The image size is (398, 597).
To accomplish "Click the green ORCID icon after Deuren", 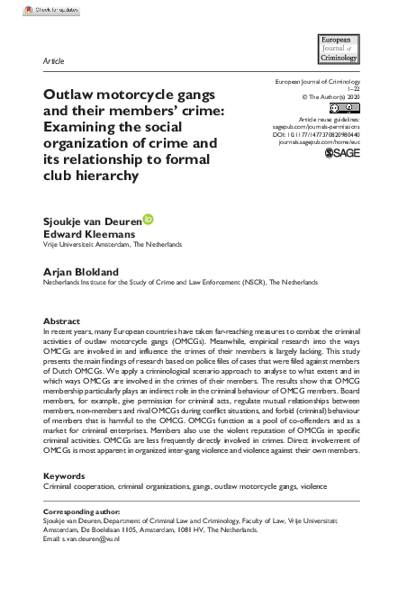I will click(148, 217).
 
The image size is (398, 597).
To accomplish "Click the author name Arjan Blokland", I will click(82, 270).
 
